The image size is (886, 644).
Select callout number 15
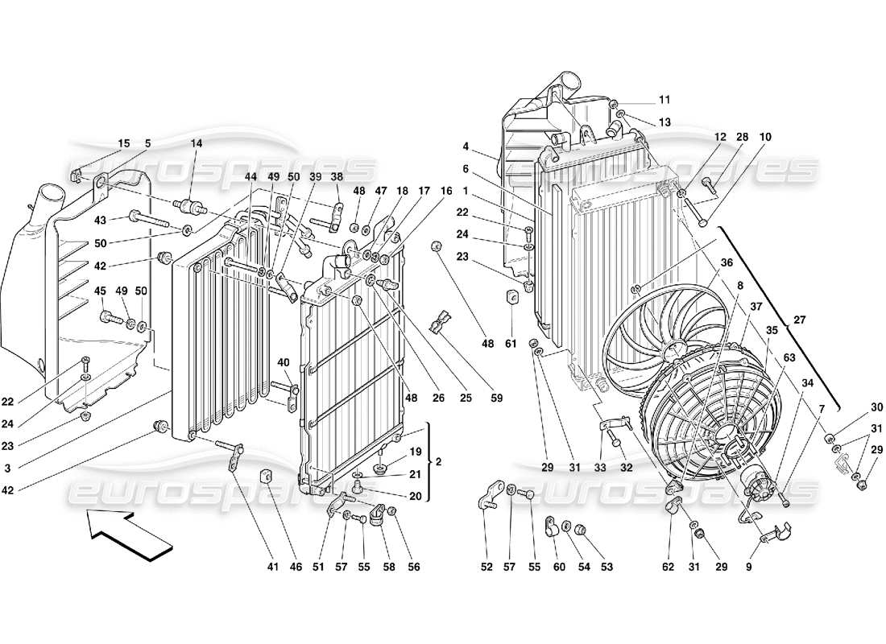pyautogui.click(x=123, y=143)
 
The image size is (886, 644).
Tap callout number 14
pyautogui.click(x=197, y=143)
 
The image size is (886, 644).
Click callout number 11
pyautogui.click(x=664, y=100)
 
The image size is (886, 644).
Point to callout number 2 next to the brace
pyautogui.click(x=440, y=462)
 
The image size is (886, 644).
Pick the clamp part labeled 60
pyautogui.click(x=553, y=528)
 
